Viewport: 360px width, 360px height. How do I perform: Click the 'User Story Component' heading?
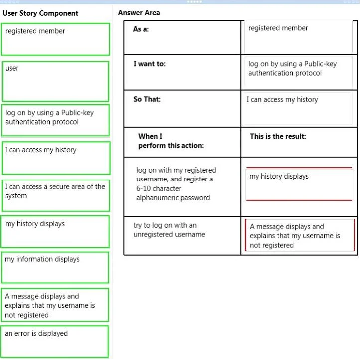(x=40, y=13)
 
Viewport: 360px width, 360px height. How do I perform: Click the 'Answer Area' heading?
(x=139, y=13)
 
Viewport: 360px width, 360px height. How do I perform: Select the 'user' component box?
(x=55, y=81)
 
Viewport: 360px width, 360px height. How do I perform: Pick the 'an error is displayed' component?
(x=55, y=342)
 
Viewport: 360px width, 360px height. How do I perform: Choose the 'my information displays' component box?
(x=55, y=267)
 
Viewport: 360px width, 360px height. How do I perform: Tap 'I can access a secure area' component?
(x=56, y=195)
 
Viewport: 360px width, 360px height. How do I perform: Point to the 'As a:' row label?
(x=141, y=29)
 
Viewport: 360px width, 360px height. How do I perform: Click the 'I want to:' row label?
(x=150, y=64)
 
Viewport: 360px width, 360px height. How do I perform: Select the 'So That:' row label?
(x=147, y=99)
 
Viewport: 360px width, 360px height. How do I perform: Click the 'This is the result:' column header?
(x=278, y=136)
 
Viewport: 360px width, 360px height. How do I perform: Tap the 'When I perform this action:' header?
(x=171, y=141)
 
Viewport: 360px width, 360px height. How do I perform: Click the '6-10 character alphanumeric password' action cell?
(x=176, y=184)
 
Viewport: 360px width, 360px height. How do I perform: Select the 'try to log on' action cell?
(x=169, y=230)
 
